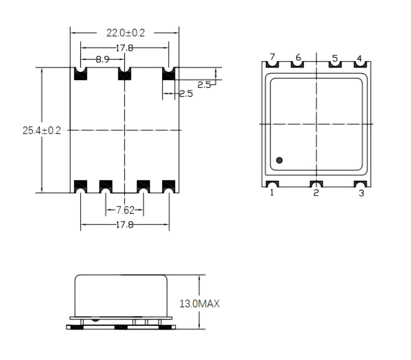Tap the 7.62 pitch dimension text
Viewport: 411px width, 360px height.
tap(126, 210)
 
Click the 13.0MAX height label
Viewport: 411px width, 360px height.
tap(200, 304)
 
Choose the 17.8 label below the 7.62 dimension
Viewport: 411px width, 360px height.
tap(124, 225)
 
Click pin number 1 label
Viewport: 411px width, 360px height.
tap(272, 193)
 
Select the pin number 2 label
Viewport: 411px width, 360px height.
tap(316, 193)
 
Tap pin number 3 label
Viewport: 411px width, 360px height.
tap(361, 193)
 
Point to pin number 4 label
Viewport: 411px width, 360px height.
tap(360, 58)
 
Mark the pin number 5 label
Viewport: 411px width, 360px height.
tap(335, 58)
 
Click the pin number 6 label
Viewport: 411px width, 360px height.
tap(297, 58)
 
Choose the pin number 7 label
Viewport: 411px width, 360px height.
tap(272, 58)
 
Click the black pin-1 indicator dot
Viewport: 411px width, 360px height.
tap(279, 160)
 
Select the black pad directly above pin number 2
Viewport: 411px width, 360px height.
tap(316, 185)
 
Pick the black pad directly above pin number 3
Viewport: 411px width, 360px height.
tap(360, 185)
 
